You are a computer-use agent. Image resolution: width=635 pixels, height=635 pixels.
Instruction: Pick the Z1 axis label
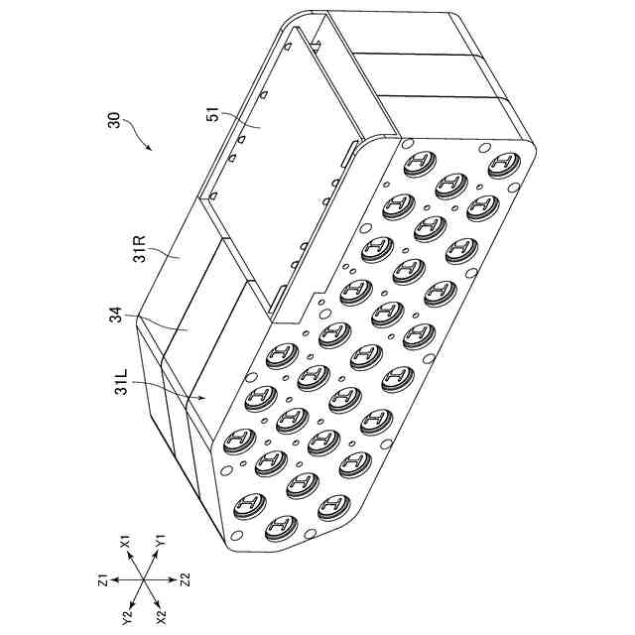[x=102, y=579]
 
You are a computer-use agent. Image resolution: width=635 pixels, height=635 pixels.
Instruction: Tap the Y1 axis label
[x=160, y=545]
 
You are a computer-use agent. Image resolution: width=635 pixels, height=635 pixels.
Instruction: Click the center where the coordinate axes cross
[x=145, y=579]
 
